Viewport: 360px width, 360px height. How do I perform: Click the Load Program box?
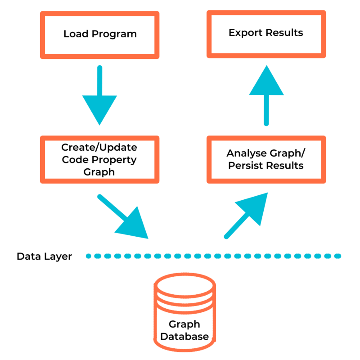(x=99, y=35)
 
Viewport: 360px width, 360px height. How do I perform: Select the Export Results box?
(x=266, y=34)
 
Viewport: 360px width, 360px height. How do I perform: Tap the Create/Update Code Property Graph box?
(x=99, y=159)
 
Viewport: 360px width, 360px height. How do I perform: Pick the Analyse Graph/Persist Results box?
(x=266, y=159)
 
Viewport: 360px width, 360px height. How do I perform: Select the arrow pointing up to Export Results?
(x=266, y=94)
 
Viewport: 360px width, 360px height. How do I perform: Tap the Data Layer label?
(x=44, y=257)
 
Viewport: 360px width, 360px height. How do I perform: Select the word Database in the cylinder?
(x=184, y=337)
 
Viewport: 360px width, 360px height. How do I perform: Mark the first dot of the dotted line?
(x=89, y=256)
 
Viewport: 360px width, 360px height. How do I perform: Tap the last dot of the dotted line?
(x=337, y=256)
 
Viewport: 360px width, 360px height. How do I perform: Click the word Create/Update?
(x=99, y=147)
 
